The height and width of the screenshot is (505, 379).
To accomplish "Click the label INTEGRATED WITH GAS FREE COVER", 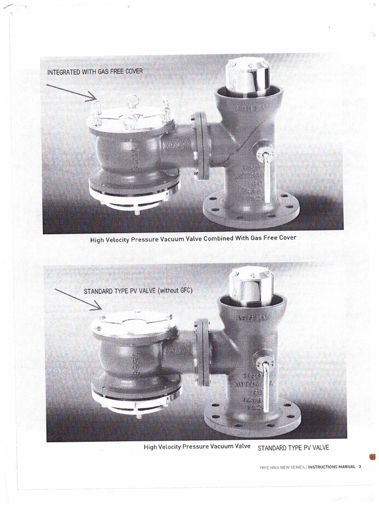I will [x=95, y=72].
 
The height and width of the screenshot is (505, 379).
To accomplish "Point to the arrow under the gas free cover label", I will [x=72, y=92].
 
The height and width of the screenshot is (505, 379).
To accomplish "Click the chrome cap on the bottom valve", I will [x=250, y=286].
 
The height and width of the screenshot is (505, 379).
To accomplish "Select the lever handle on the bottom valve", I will [x=267, y=385].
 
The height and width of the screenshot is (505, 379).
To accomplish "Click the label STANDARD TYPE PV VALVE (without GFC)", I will [x=138, y=291].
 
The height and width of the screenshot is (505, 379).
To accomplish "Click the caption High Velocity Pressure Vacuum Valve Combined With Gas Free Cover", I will [x=193, y=238].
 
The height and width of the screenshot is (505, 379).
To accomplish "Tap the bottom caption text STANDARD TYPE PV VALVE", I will [x=293, y=448].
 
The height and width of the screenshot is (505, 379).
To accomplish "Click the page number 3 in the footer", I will [x=360, y=467].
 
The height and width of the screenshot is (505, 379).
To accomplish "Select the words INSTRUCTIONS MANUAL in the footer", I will [x=331, y=467].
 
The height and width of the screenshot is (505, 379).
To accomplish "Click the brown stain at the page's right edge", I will [x=373, y=457].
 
